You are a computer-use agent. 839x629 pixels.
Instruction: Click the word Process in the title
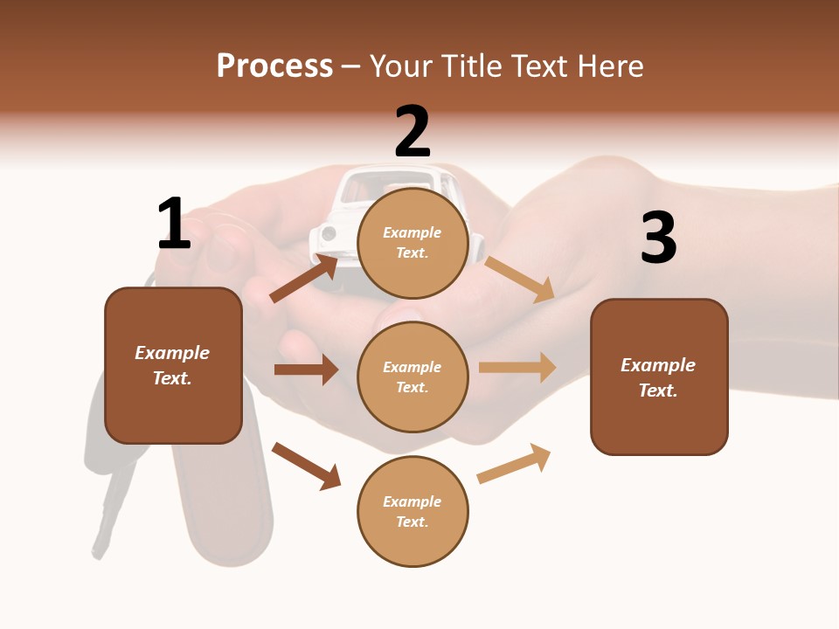(x=274, y=66)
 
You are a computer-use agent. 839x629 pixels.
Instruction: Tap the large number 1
(x=174, y=224)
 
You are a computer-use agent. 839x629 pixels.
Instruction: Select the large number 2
(x=413, y=132)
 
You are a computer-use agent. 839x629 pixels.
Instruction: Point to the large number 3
(x=659, y=238)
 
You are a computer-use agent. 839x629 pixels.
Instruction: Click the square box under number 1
(x=173, y=365)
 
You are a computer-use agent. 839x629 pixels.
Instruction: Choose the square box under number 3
(x=659, y=377)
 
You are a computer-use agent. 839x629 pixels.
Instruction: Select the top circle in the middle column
(x=413, y=243)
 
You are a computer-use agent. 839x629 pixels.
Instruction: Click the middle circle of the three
(x=413, y=377)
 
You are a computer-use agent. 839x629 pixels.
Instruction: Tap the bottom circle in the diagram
(x=413, y=511)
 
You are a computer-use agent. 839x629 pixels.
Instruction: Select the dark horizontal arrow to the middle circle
(x=306, y=370)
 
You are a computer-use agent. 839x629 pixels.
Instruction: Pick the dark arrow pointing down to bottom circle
(x=306, y=466)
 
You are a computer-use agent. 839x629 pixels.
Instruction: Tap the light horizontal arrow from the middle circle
(x=517, y=368)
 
